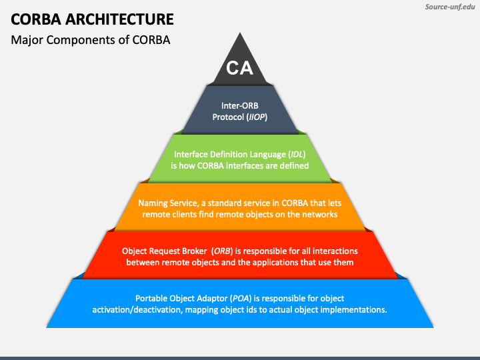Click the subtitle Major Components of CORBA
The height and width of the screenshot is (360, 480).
pyautogui.click(x=91, y=40)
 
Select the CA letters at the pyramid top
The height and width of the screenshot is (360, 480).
pyautogui.click(x=239, y=68)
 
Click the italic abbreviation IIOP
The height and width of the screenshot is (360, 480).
pyautogui.click(x=256, y=117)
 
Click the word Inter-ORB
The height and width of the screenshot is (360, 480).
pyautogui.click(x=240, y=105)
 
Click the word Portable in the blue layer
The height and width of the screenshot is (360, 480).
pyautogui.click(x=151, y=299)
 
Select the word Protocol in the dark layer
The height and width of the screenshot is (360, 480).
pyautogui.click(x=228, y=117)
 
